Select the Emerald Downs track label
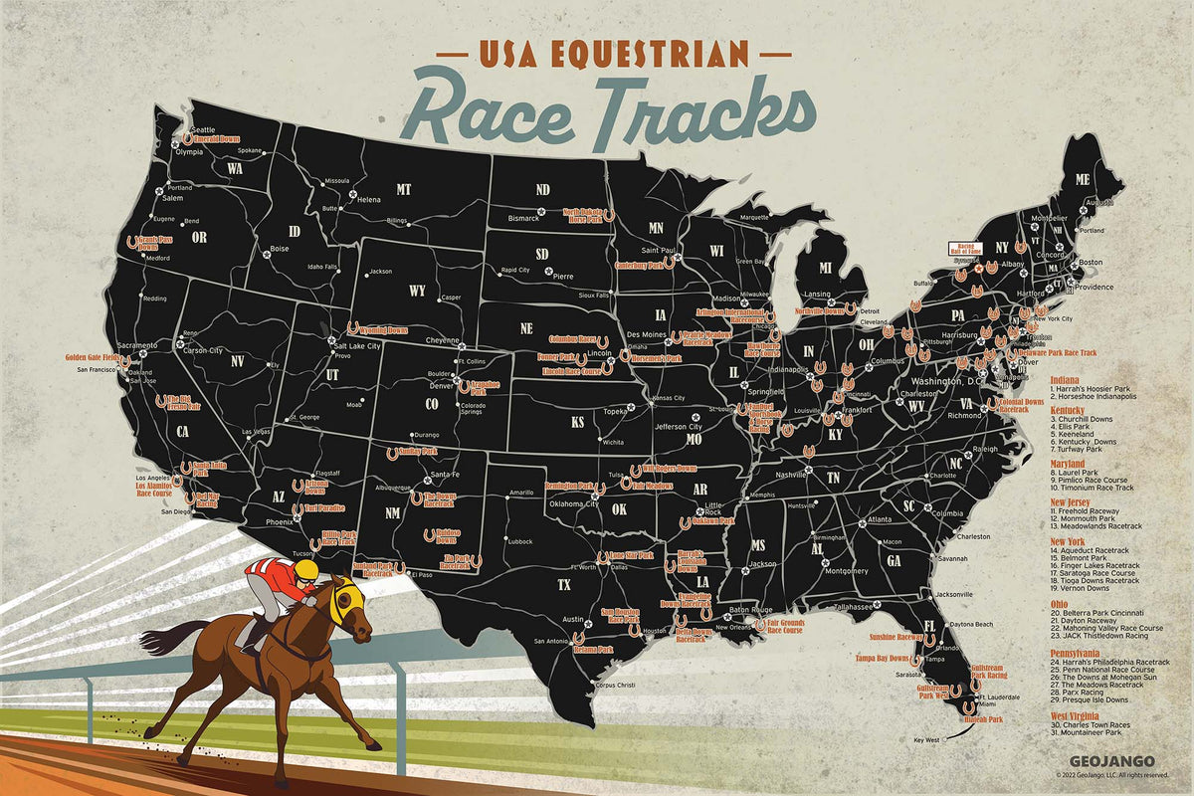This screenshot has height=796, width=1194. (217, 140)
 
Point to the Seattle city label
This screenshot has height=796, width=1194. (202, 130)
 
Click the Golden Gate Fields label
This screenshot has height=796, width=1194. (94, 356)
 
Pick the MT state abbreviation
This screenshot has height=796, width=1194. (403, 189)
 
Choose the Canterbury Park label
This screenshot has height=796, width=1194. (639, 266)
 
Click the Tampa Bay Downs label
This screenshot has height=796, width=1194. (883, 659)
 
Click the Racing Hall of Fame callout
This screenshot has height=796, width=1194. (965, 249)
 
